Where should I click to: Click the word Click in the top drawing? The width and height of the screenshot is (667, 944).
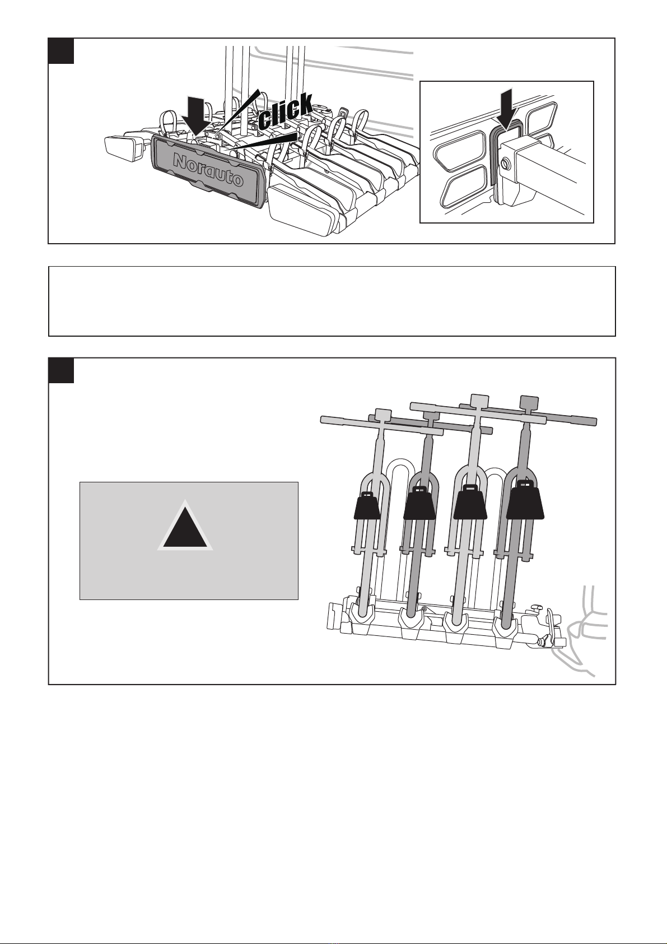(286, 111)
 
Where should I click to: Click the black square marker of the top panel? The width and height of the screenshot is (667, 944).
(61, 51)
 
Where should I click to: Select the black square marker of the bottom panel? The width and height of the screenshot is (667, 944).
(61, 370)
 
